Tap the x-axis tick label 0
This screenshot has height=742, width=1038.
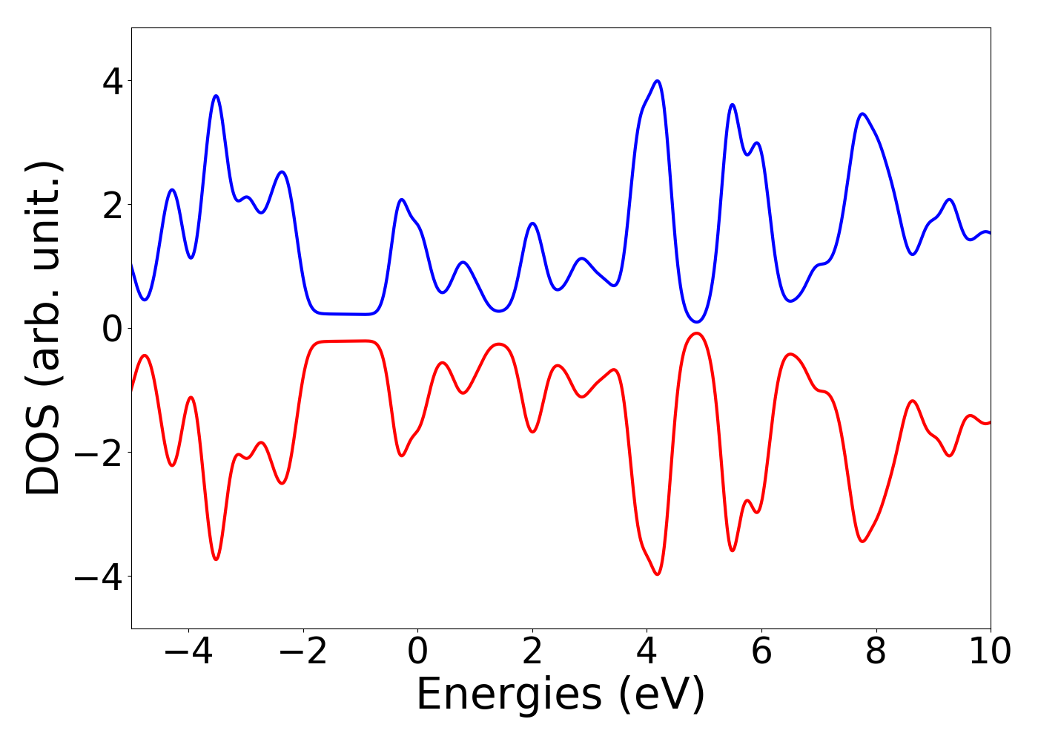coord(417,651)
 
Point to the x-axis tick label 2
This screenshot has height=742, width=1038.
coord(532,651)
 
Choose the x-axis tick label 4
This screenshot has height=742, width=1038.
coord(647,651)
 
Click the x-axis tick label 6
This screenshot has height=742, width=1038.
coord(761,651)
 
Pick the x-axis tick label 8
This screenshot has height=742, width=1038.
coord(876,651)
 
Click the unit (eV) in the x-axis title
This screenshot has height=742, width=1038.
coord(661,695)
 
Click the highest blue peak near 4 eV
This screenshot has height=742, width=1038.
coord(657,81)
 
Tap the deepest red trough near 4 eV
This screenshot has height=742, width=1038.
coord(657,574)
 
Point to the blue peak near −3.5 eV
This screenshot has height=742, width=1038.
coord(216,96)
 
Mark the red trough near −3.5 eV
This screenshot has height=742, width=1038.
coord(216,559)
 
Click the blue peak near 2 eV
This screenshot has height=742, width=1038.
coord(532,223)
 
